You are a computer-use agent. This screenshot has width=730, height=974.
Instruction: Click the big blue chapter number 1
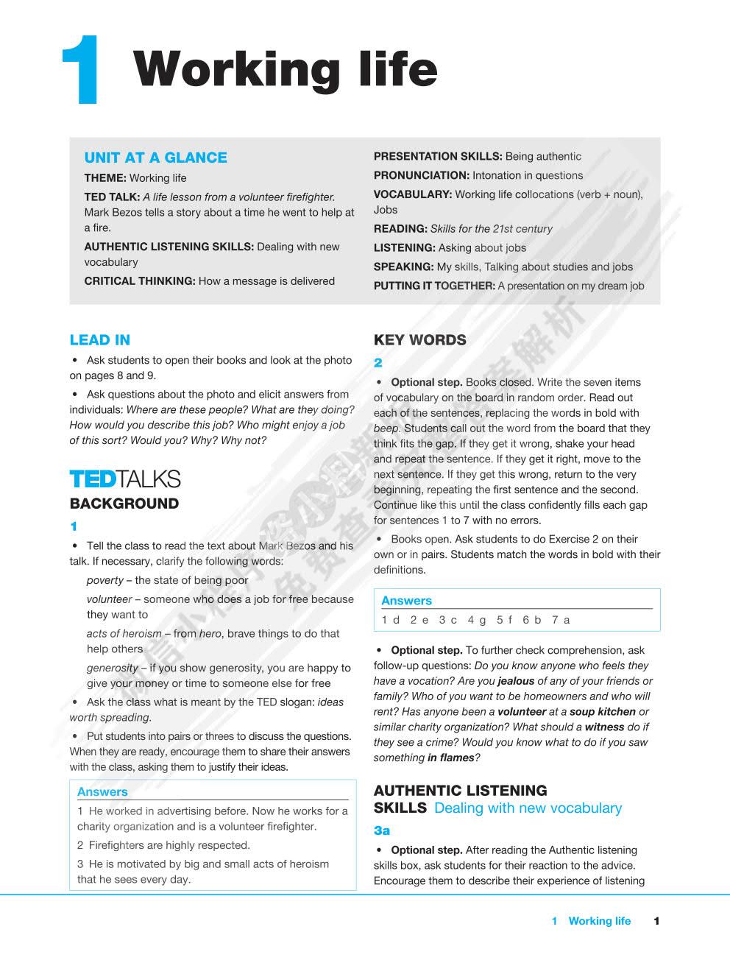[82, 70]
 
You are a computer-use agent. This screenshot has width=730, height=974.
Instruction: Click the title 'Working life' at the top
[286, 70]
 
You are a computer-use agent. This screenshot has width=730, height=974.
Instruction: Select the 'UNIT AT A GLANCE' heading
[155, 158]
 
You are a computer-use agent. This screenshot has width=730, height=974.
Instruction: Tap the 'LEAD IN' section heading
[99, 340]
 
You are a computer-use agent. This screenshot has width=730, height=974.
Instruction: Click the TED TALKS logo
[124, 479]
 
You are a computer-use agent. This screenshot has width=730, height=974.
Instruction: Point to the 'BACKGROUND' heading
[124, 504]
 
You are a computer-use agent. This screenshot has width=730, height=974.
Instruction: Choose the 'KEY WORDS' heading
[419, 340]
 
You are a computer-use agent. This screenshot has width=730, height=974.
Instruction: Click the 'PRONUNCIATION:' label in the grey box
[421, 175]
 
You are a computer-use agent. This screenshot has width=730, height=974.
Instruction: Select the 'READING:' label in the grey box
[400, 229]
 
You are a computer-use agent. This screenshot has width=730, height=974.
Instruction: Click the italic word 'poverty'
[104, 580]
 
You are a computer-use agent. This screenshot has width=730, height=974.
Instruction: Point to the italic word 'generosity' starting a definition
[112, 668]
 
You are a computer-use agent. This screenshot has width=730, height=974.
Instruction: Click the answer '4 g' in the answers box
[477, 620]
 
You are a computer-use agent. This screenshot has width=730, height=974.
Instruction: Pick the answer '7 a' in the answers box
[561, 620]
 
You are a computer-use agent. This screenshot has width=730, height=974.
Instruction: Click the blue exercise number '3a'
[381, 830]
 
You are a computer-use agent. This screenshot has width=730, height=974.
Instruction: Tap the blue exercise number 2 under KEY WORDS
[378, 363]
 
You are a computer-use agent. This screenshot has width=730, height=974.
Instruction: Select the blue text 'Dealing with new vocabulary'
[528, 808]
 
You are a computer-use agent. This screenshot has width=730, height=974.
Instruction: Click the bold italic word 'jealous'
[515, 681]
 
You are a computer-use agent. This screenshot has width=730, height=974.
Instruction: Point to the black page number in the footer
[656, 921]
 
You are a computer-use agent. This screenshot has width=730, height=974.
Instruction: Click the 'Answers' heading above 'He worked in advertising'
[102, 792]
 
